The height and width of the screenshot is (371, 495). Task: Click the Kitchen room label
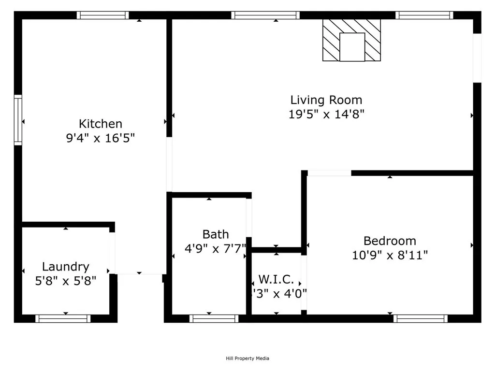pyautogui.click(x=101, y=124)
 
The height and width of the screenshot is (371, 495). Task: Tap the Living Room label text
pyautogui.click(x=326, y=100)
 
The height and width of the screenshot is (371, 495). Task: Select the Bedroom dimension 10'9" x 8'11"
pyautogui.click(x=390, y=255)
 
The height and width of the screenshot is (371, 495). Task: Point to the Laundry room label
pyautogui.click(x=66, y=267)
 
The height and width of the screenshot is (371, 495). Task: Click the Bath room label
pyautogui.click(x=216, y=235)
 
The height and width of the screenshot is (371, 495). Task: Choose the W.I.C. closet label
pyautogui.click(x=277, y=279)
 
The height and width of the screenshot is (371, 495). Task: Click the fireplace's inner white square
pyautogui.click(x=352, y=47)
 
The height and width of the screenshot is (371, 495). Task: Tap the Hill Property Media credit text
pyautogui.click(x=247, y=358)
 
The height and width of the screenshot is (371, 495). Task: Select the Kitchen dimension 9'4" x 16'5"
pyautogui.click(x=101, y=138)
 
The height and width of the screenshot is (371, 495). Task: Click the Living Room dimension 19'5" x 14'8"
pyautogui.click(x=326, y=114)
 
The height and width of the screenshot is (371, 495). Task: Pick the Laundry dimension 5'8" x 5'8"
pyautogui.click(x=66, y=281)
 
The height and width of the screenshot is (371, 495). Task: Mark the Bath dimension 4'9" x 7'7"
pyautogui.click(x=216, y=249)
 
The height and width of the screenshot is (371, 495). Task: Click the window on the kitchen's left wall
pyautogui.click(x=18, y=120)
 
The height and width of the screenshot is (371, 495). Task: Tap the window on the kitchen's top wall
pyautogui.click(x=103, y=15)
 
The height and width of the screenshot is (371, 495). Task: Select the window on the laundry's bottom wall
pyautogui.click(x=63, y=318)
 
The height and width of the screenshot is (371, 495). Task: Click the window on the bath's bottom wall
pyautogui.click(x=214, y=318)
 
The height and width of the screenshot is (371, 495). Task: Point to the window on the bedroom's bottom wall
pyautogui.click(x=420, y=318)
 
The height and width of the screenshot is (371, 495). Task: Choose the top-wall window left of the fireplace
pyautogui.click(x=266, y=15)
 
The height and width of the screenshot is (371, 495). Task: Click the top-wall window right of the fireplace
pyautogui.click(x=424, y=15)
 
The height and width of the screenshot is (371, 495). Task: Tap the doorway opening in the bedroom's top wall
pyautogui.click(x=330, y=173)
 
